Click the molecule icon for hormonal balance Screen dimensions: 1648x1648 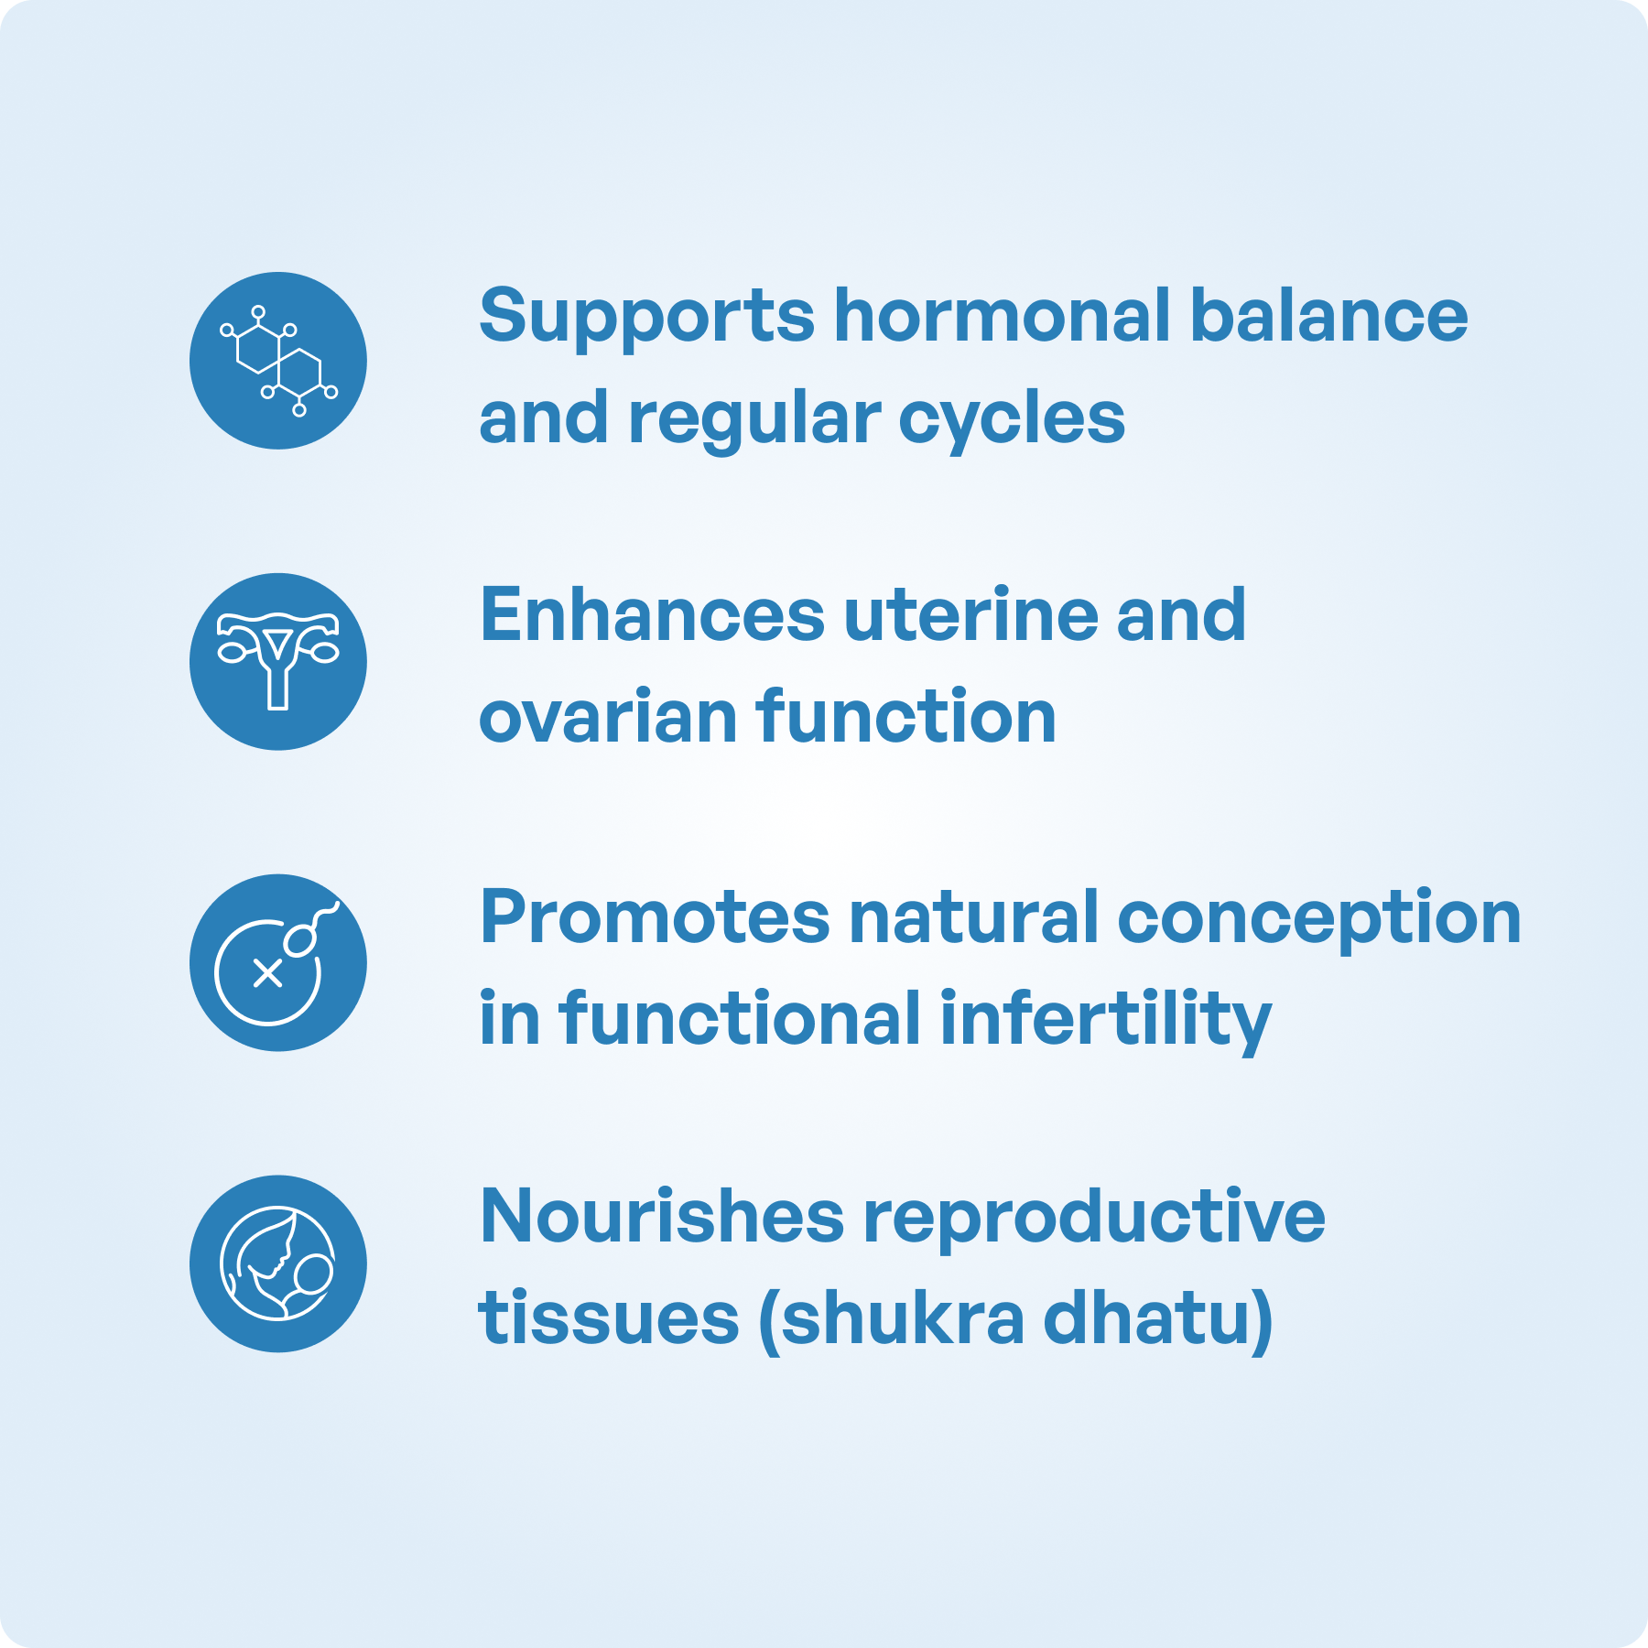click(278, 360)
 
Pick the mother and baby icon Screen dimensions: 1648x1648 click(278, 1263)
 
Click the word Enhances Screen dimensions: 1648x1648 click(653, 615)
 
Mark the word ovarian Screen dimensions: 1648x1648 click(609, 717)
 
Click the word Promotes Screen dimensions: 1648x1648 click(656, 918)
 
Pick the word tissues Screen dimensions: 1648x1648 click(609, 1319)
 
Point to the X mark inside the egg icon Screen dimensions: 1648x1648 click(267, 974)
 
